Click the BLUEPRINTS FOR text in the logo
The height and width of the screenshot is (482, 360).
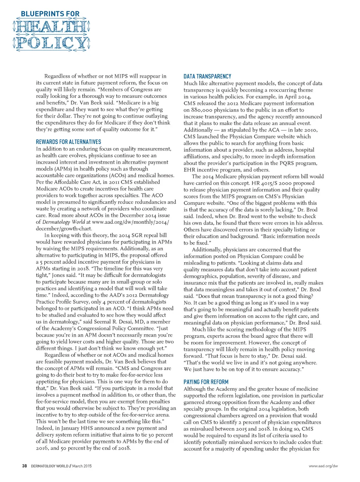(x=50, y=14)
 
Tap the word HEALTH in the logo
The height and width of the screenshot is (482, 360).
(x=51, y=27)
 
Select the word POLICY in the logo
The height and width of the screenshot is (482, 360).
(x=51, y=43)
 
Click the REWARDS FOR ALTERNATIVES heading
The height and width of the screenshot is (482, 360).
(x=68, y=142)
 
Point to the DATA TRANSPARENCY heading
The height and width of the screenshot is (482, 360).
(x=207, y=76)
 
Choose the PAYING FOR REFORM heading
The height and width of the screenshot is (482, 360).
(x=206, y=382)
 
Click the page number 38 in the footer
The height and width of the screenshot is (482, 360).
(x=24, y=466)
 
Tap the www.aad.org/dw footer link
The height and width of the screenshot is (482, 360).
(x=323, y=466)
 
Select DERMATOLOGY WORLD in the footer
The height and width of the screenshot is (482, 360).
(x=50, y=466)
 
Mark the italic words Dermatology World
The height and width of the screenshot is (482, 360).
(x=63, y=222)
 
